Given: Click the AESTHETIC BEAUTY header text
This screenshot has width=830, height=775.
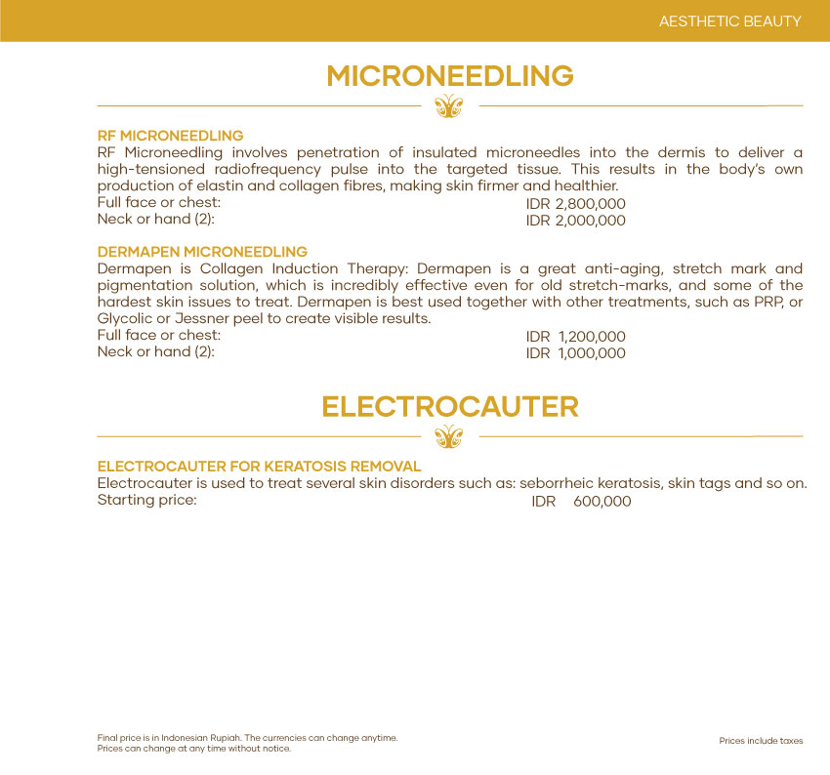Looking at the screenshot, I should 730,20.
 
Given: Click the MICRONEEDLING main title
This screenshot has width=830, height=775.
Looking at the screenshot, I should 449,76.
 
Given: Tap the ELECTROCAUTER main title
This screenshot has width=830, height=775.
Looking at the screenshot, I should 449,406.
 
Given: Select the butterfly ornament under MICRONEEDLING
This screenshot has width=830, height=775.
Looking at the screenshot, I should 448,105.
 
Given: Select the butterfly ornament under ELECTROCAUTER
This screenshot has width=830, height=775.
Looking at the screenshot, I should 448,435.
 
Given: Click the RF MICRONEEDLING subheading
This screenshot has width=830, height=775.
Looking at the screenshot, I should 170,136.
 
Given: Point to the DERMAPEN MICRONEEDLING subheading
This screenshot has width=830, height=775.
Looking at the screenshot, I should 202,252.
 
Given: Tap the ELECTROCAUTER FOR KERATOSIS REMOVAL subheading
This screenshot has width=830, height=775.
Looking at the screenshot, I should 259,467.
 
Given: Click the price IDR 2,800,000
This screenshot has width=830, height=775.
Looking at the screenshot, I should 575,204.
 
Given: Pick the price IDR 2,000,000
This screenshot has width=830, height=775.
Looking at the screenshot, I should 575,221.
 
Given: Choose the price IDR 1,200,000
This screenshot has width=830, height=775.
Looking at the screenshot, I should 575,337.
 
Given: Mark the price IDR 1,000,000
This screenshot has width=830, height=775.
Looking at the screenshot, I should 575,353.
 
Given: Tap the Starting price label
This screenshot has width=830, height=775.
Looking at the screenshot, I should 147,501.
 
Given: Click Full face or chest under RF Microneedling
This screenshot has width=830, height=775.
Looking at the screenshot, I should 159,202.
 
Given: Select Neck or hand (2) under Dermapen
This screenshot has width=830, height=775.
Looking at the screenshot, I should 155,351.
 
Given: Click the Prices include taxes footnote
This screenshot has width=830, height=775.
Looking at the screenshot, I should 761,741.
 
